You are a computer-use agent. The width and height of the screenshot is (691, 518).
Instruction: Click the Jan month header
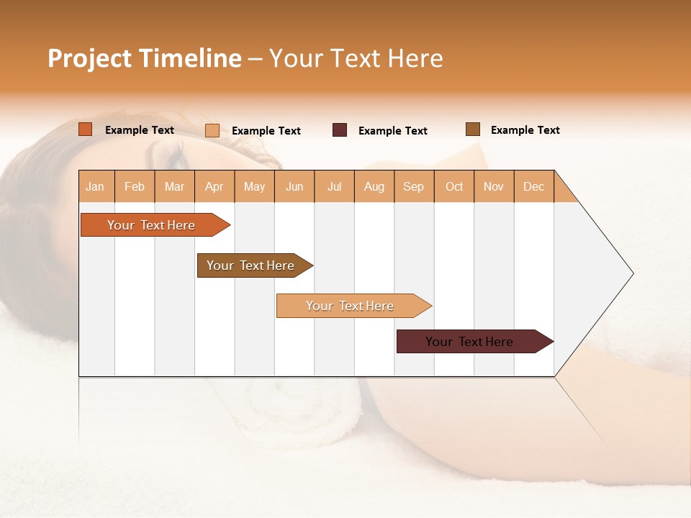coord(96,186)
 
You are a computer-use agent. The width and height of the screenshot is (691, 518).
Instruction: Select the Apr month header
coord(214,186)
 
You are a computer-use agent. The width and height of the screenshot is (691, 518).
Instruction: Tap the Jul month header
coord(334,186)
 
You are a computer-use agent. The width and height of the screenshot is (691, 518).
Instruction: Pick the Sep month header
coord(414,186)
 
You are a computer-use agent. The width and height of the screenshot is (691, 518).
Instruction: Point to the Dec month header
coord(533,186)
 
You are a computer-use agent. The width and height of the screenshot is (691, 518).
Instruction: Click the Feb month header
coord(135,186)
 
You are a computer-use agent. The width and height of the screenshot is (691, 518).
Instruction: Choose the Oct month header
coord(454,186)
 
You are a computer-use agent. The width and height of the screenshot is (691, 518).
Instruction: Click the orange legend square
coord(86,129)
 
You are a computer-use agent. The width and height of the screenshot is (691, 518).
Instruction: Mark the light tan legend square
coord(212,130)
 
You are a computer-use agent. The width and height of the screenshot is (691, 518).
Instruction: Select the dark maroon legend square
coord(340,130)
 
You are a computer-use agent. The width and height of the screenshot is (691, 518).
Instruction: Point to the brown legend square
coord(473,129)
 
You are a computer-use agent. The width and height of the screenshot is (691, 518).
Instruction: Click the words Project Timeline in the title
coord(145,58)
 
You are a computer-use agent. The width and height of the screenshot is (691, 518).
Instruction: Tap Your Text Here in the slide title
coord(356,58)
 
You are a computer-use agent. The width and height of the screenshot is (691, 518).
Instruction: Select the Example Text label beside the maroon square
coord(392,131)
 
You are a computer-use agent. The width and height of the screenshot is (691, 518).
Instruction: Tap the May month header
coord(254,186)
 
